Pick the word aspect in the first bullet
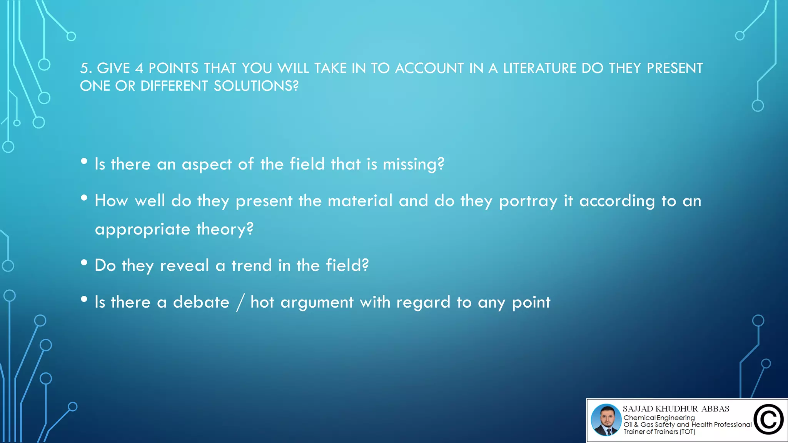[207, 165]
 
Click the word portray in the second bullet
[528, 201]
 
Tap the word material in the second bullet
[360, 201]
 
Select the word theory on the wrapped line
[225, 230]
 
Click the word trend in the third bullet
[252, 266]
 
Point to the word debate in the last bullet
[201, 302]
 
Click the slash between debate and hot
[240, 303]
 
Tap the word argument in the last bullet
[317, 303]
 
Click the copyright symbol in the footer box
[768, 420]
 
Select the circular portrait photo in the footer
[606, 420]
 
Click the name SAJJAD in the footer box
[638, 409]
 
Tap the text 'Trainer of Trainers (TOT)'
[659, 432]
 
